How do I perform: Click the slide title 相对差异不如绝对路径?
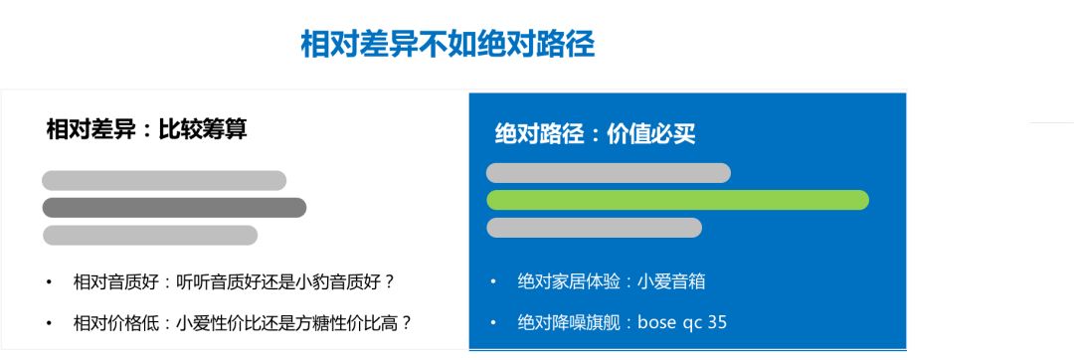coord(447,45)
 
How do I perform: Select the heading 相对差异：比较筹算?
coord(146,128)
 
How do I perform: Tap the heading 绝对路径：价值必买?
coord(596,133)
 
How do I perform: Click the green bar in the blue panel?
coord(677,200)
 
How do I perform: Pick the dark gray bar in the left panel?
coord(174,208)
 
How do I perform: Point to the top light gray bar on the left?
coord(164,181)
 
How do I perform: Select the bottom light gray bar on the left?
coord(150,235)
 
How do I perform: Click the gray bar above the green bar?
coord(609,173)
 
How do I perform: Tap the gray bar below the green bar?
coord(594,228)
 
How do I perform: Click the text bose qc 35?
coord(681,322)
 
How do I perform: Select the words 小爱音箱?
coord(670,281)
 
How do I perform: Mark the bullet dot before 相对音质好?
coord(49,282)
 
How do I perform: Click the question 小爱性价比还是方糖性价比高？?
coord(294,323)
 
